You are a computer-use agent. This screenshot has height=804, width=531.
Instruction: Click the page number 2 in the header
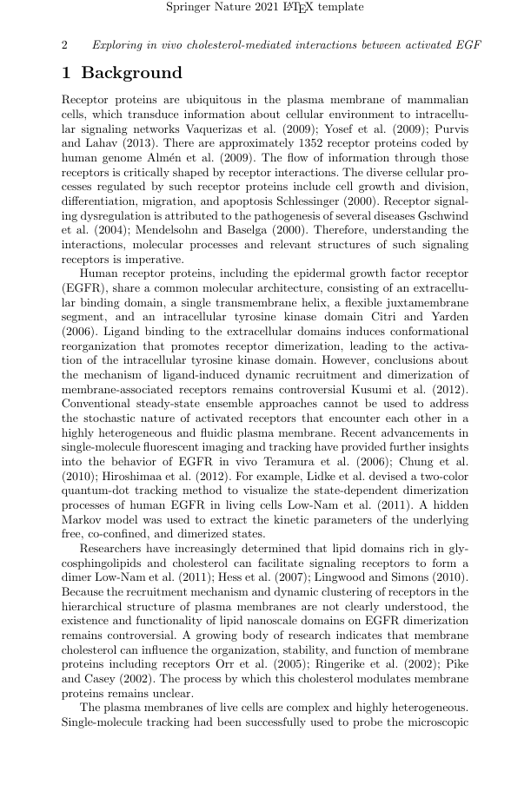65,44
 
